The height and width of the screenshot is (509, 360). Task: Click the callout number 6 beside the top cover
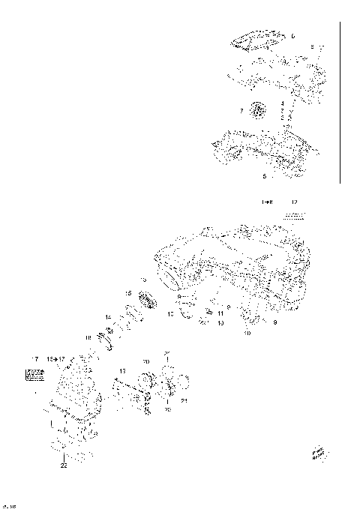click(293, 36)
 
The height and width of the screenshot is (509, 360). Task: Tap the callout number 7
click(241, 111)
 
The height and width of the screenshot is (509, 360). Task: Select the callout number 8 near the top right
click(313, 47)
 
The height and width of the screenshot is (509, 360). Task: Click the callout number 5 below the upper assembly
click(264, 177)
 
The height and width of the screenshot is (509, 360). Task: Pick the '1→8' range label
click(268, 202)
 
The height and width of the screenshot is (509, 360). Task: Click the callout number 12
click(294, 202)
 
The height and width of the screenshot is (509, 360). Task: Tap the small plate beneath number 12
click(295, 214)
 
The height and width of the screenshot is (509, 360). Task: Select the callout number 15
click(128, 292)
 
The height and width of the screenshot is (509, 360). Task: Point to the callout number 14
click(108, 317)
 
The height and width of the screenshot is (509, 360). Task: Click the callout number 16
click(88, 339)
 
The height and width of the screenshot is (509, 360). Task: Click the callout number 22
click(64, 466)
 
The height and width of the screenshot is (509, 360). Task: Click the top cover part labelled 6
click(259, 40)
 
